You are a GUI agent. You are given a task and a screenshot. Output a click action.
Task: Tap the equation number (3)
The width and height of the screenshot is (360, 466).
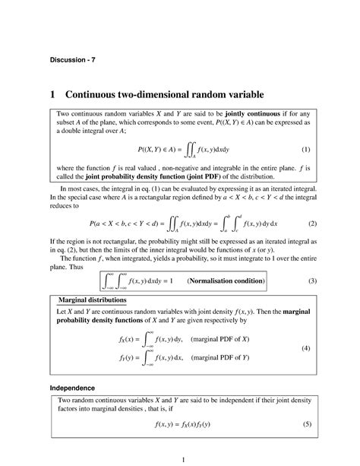point(312,281)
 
